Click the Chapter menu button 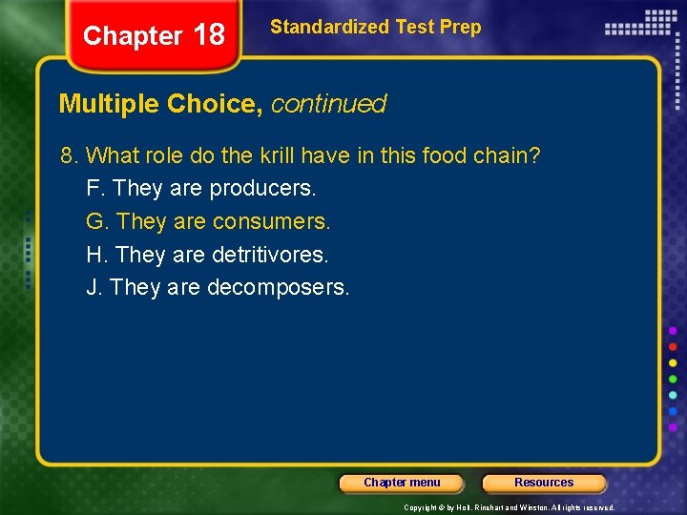click(x=402, y=483)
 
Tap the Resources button click(x=544, y=483)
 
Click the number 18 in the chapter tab click(x=208, y=35)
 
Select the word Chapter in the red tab click(x=132, y=36)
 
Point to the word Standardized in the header click(x=313, y=27)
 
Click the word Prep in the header click(x=461, y=27)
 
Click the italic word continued click(x=328, y=104)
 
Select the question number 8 click(x=67, y=155)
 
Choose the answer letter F click(x=94, y=189)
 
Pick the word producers click(x=262, y=189)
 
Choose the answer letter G click(x=95, y=222)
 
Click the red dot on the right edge click(x=673, y=346)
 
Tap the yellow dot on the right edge click(x=673, y=362)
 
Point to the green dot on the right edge click(x=673, y=379)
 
